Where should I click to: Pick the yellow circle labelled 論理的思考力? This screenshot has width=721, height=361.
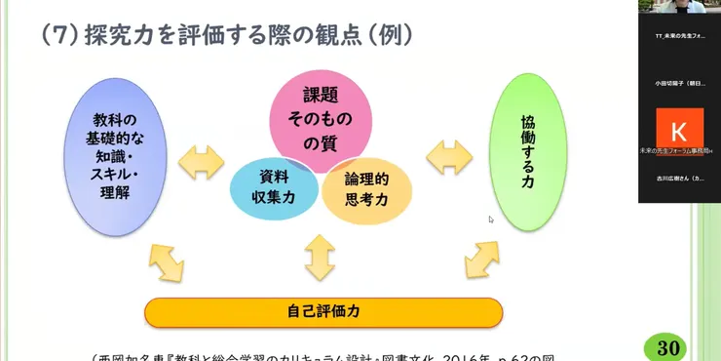click(x=367, y=187)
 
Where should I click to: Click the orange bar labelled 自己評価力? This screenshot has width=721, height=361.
click(x=323, y=312)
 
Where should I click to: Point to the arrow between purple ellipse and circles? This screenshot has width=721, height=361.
click(x=208, y=160)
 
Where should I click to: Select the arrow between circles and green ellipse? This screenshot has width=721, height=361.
click(x=448, y=156)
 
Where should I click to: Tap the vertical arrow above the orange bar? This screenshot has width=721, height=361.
click(x=321, y=258)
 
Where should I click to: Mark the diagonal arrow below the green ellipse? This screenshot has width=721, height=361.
click(x=482, y=259)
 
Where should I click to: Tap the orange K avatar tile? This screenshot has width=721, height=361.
click(x=679, y=130)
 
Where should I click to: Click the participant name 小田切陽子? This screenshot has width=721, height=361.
click(x=679, y=84)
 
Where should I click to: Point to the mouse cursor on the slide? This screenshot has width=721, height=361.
click(x=491, y=220)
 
